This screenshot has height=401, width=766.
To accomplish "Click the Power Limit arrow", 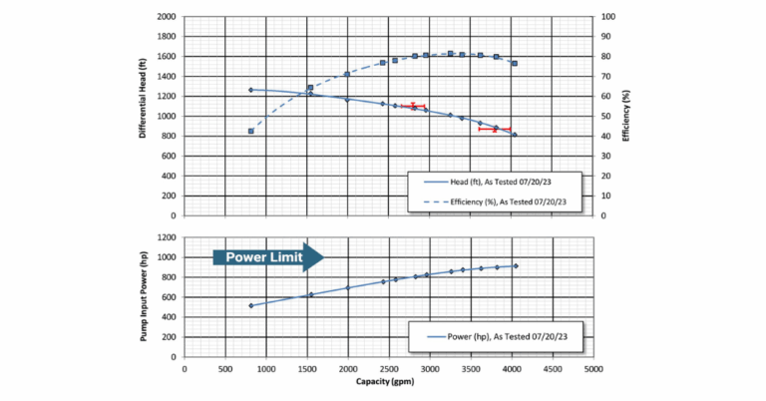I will (268, 256).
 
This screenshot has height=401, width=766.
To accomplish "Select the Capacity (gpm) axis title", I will (388, 382).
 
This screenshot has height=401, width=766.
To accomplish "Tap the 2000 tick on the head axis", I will (166, 17).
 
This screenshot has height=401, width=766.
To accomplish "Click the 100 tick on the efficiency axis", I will (604, 17).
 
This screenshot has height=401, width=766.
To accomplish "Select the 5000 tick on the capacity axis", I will (593, 367).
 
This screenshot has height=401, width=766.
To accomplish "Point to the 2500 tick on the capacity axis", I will (389, 367).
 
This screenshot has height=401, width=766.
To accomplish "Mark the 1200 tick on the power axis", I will (166, 237).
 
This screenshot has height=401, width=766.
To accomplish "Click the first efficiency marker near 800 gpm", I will (251, 131).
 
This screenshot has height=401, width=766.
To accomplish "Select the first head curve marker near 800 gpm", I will (251, 90).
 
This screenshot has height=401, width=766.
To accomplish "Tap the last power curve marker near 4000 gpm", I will (515, 265).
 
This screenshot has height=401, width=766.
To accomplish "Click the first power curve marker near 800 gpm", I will (251, 305).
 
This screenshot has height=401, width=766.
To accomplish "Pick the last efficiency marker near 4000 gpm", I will (515, 63).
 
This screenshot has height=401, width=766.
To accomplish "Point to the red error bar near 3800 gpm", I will (495, 129).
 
